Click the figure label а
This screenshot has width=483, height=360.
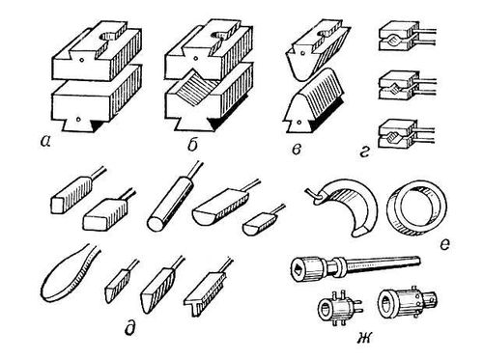44,141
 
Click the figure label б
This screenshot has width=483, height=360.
192,145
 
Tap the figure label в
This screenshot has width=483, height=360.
297,150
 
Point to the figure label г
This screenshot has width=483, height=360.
364,151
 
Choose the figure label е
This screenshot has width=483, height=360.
444,245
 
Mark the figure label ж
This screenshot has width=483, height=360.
364,339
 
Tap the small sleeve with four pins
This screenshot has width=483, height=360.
338,307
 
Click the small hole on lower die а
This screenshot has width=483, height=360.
77,119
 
